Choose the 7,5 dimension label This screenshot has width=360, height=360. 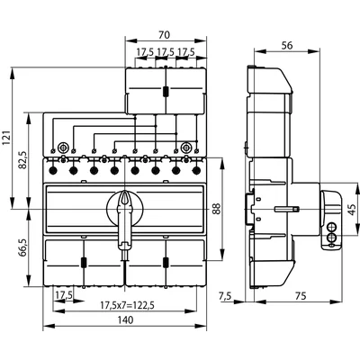[x=226, y=295]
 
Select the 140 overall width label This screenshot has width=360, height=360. [x=124, y=320]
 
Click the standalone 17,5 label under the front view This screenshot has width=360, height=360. [x=62, y=294]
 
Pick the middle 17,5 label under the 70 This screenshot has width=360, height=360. [x=165, y=52]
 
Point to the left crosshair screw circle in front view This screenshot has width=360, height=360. [x=62, y=149]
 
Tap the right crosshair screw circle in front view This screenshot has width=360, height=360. [x=186, y=149]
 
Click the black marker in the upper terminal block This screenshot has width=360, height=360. [x=166, y=92]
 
